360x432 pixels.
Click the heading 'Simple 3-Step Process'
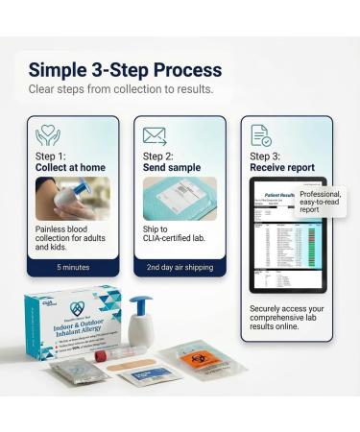point(125,70)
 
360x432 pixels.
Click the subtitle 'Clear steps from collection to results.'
point(119,89)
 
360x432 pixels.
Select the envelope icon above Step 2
point(155,135)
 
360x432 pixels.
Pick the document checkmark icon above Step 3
point(260,135)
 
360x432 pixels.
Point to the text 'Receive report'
point(281,168)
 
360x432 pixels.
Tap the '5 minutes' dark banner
point(73,267)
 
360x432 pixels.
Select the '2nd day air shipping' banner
point(180,267)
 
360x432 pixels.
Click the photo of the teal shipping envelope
point(180,199)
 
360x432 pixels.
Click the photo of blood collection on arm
point(73,199)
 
